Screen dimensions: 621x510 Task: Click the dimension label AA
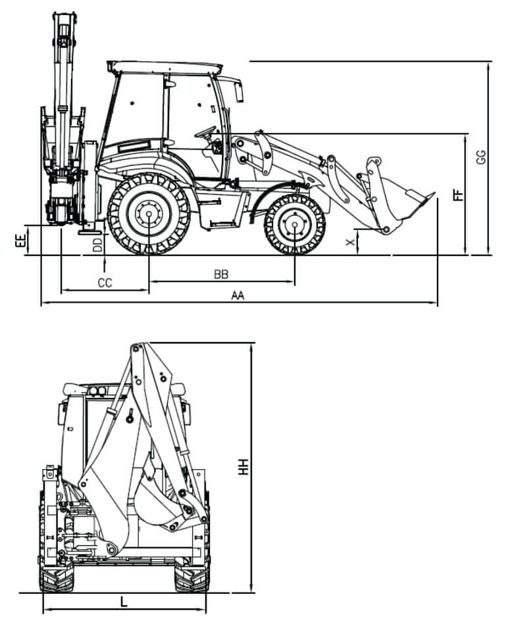point(238,296)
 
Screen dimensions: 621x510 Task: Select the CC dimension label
point(105,283)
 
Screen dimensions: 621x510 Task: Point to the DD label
point(97,245)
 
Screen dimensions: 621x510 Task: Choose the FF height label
point(459,194)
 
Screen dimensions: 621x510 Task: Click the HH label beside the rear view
point(244,467)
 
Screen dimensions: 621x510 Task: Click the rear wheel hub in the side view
point(149,214)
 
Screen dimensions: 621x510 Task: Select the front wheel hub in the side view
point(294,224)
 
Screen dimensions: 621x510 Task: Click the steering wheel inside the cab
point(206,131)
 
